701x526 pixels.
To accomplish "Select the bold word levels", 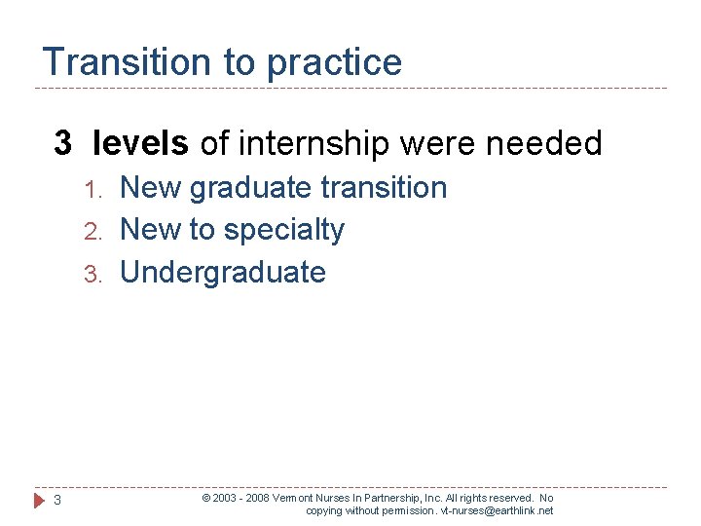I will [x=141, y=144].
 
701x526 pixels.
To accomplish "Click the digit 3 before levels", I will [x=62, y=144].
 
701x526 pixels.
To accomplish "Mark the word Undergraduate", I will [x=222, y=273].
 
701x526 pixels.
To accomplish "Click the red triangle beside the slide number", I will [x=38, y=501].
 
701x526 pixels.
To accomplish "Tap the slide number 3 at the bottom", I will [x=57, y=501].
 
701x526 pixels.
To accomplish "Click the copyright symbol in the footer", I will [x=205, y=498].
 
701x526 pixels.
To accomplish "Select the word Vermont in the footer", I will [x=294, y=498].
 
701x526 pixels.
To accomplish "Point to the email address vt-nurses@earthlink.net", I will [x=497, y=510].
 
